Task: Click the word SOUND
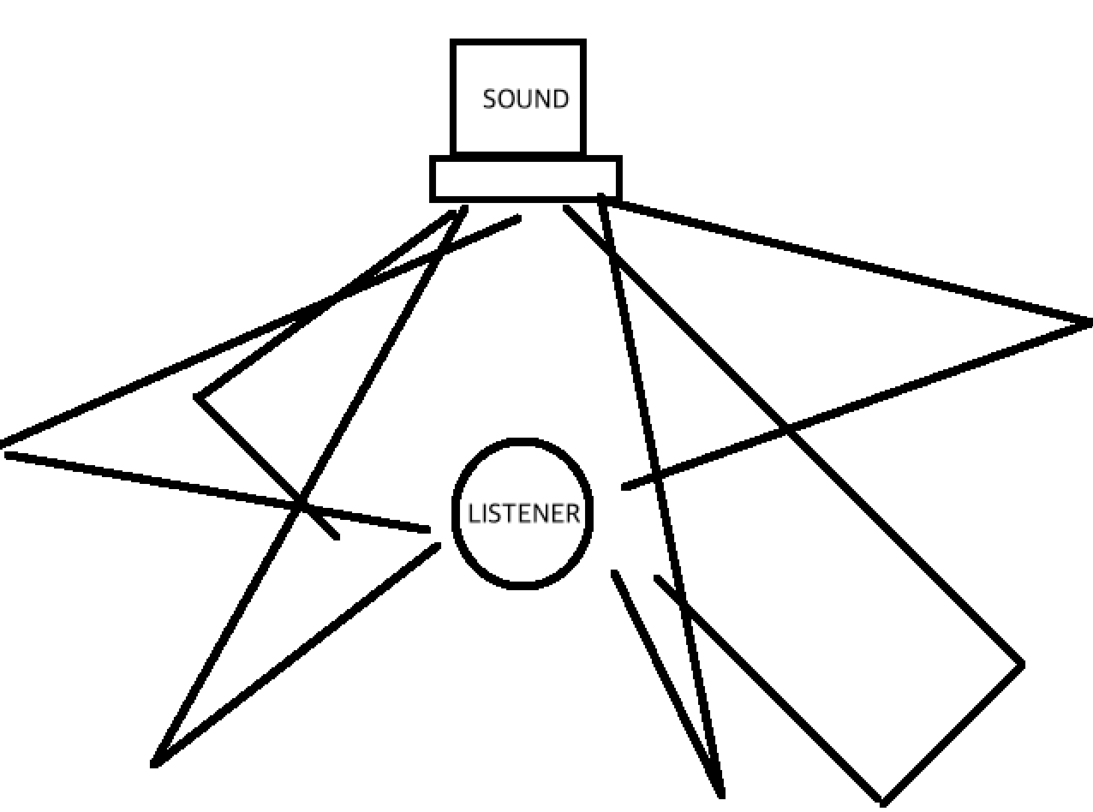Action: (x=525, y=99)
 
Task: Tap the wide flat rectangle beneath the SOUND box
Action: (x=525, y=179)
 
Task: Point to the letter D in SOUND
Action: (x=559, y=99)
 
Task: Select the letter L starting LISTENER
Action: (x=472, y=514)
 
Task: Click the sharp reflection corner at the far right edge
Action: (x=1090, y=323)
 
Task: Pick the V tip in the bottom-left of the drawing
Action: (x=155, y=763)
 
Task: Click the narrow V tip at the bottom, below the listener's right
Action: (x=720, y=793)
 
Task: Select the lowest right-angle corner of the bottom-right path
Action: (x=882, y=802)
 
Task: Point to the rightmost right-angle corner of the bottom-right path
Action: (x=1021, y=664)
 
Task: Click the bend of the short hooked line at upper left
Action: (x=198, y=397)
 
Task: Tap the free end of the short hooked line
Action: (x=337, y=537)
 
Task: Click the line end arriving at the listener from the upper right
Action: (x=624, y=487)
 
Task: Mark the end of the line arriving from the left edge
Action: (x=428, y=531)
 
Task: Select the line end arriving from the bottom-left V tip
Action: (x=439, y=545)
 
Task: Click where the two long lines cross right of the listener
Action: (x=785, y=428)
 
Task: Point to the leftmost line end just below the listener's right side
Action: (x=614, y=573)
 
